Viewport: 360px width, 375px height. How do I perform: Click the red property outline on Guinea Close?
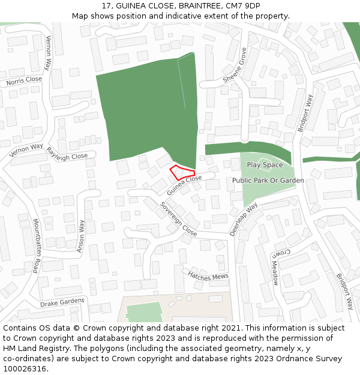click(x=181, y=172)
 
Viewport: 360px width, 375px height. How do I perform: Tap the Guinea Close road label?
click(x=184, y=185)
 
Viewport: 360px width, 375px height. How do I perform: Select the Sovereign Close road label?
click(x=178, y=218)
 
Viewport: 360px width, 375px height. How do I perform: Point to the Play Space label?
click(x=265, y=165)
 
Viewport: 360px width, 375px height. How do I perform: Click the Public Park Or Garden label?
click(x=268, y=180)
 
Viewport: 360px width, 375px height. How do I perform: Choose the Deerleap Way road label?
click(x=243, y=219)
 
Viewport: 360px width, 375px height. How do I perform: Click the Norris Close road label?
click(x=25, y=80)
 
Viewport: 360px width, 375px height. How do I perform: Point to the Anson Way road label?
click(x=81, y=236)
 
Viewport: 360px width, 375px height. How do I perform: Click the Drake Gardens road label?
click(x=62, y=302)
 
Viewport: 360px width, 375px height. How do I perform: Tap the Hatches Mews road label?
click(x=208, y=275)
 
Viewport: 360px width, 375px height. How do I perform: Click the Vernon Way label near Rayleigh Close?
click(x=26, y=149)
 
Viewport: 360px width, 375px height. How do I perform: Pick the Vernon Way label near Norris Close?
click(x=49, y=53)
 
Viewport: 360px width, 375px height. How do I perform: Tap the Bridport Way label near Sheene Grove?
click(x=305, y=113)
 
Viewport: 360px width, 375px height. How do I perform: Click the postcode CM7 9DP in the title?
click(x=243, y=6)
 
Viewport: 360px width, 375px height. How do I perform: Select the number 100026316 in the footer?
click(x=23, y=369)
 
